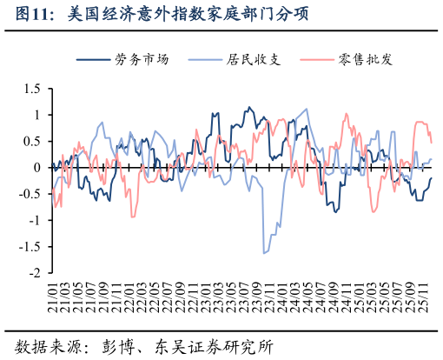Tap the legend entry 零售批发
pos(367,60)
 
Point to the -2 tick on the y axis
pos(35,273)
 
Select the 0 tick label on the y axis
pos(37,168)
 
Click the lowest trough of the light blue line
pos(264,253)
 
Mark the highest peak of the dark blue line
pos(249,108)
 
